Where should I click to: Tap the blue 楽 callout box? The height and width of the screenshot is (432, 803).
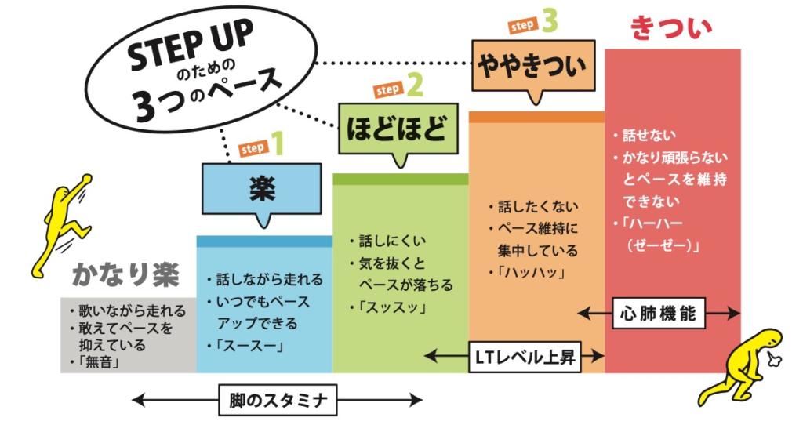point(260,189)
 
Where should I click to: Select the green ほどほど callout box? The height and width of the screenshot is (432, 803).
point(395,125)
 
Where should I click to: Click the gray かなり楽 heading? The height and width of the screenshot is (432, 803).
point(125,275)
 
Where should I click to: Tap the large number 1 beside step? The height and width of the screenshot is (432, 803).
point(277,144)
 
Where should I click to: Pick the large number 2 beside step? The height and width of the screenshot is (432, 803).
point(415,85)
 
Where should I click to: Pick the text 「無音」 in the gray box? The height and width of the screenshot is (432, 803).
point(98,361)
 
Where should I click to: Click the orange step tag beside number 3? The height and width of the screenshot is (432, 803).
point(522,26)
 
